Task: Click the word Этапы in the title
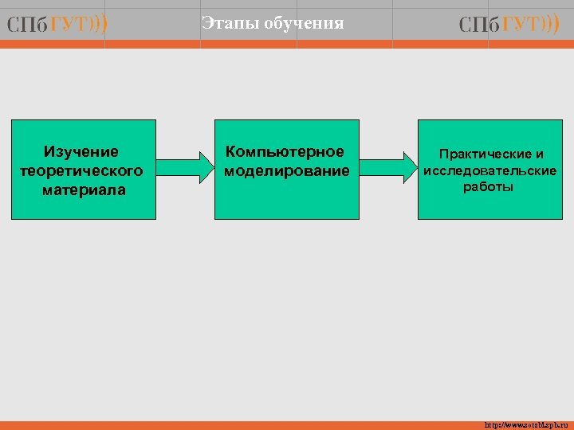(225, 24)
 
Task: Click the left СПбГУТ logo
(57, 25)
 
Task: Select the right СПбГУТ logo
(509, 25)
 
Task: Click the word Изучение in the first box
(81, 151)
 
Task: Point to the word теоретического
(81, 170)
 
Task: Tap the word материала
(85, 190)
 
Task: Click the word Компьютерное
(285, 151)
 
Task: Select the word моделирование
(287, 171)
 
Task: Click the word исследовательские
(490, 170)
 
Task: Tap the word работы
(489, 187)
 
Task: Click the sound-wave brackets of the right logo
(551, 25)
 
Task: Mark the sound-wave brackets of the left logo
(99, 25)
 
